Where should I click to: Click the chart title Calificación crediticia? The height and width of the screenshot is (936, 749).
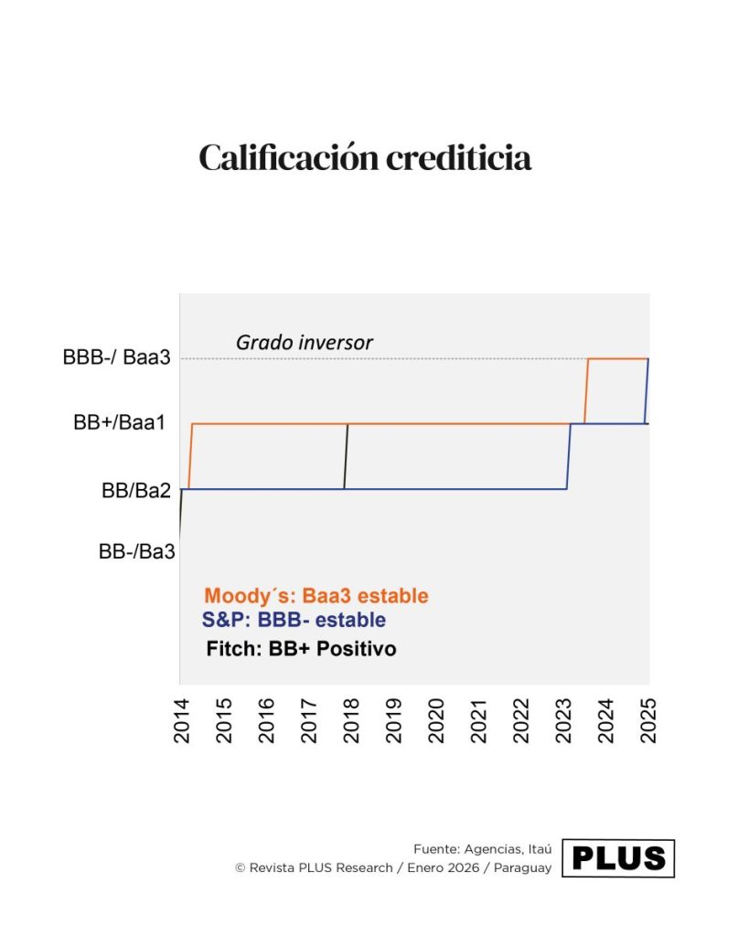pyautogui.click(x=365, y=157)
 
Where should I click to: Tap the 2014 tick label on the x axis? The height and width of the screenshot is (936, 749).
pyautogui.click(x=180, y=718)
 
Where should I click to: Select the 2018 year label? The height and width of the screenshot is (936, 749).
pyautogui.click(x=350, y=718)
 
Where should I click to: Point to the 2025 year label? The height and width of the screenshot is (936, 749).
pyautogui.click(x=648, y=718)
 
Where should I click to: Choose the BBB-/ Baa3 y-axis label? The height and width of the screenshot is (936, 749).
pyautogui.click(x=116, y=358)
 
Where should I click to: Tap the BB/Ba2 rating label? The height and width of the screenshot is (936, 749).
pyautogui.click(x=136, y=490)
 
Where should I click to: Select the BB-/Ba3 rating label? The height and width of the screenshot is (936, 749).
pyautogui.click(x=136, y=552)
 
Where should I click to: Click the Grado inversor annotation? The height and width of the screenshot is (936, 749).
pyautogui.click(x=304, y=343)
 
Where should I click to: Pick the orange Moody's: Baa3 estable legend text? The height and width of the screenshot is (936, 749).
pyautogui.click(x=316, y=596)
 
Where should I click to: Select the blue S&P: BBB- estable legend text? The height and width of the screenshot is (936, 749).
pyautogui.click(x=293, y=620)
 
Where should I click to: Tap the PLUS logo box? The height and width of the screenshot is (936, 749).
pyautogui.click(x=617, y=858)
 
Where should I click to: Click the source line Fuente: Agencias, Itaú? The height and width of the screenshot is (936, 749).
pyautogui.click(x=482, y=848)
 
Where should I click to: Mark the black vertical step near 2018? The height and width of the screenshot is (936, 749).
pyautogui.click(x=346, y=456)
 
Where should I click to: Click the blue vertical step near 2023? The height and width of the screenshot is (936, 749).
pyautogui.click(x=569, y=456)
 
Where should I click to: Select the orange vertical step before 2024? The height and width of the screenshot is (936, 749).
pyautogui.click(x=586, y=391)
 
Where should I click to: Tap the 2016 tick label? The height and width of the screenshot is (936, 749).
pyautogui.click(x=265, y=718)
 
